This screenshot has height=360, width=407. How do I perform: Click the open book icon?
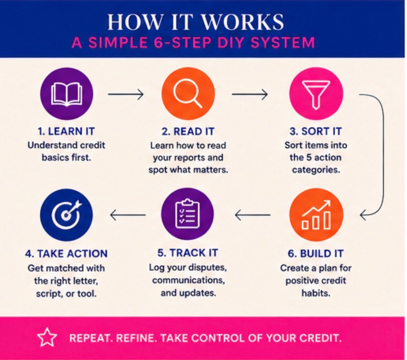[67, 94]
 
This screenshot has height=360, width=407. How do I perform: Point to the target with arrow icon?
[67, 215]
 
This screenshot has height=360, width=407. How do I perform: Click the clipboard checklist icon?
[188, 214]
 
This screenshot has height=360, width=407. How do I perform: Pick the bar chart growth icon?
[316, 215]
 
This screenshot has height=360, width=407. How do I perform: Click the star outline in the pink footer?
[47, 337]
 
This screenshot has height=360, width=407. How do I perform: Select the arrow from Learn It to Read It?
[126, 94]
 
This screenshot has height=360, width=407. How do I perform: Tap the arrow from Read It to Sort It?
[250, 94]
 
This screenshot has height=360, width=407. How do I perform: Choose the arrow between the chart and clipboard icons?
[252, 215]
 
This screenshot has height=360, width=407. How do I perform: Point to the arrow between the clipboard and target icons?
[128, 215]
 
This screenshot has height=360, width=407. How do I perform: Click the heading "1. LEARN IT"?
[66, 132]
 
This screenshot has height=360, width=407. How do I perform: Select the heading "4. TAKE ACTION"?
[67, 254]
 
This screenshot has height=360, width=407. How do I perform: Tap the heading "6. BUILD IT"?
[316, 254]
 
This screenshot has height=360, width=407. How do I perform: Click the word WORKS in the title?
[243, 22]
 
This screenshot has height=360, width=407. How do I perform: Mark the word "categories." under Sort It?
[316, 170]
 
